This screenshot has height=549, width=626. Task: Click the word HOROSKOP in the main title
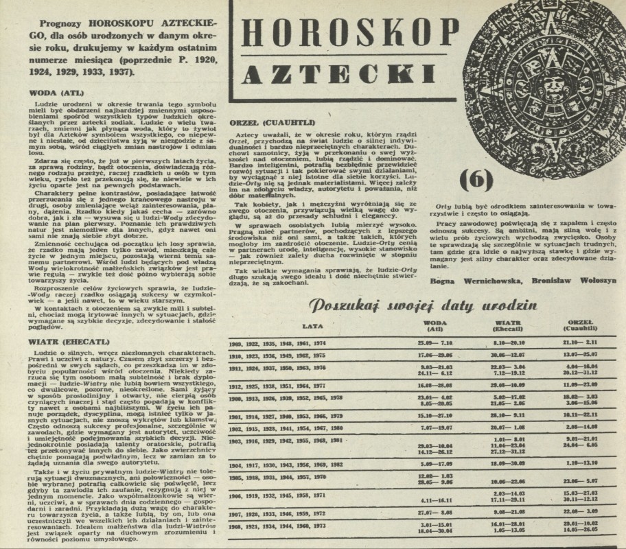(350, 31)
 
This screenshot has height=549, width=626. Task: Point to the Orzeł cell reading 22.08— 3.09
(579, 512)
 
